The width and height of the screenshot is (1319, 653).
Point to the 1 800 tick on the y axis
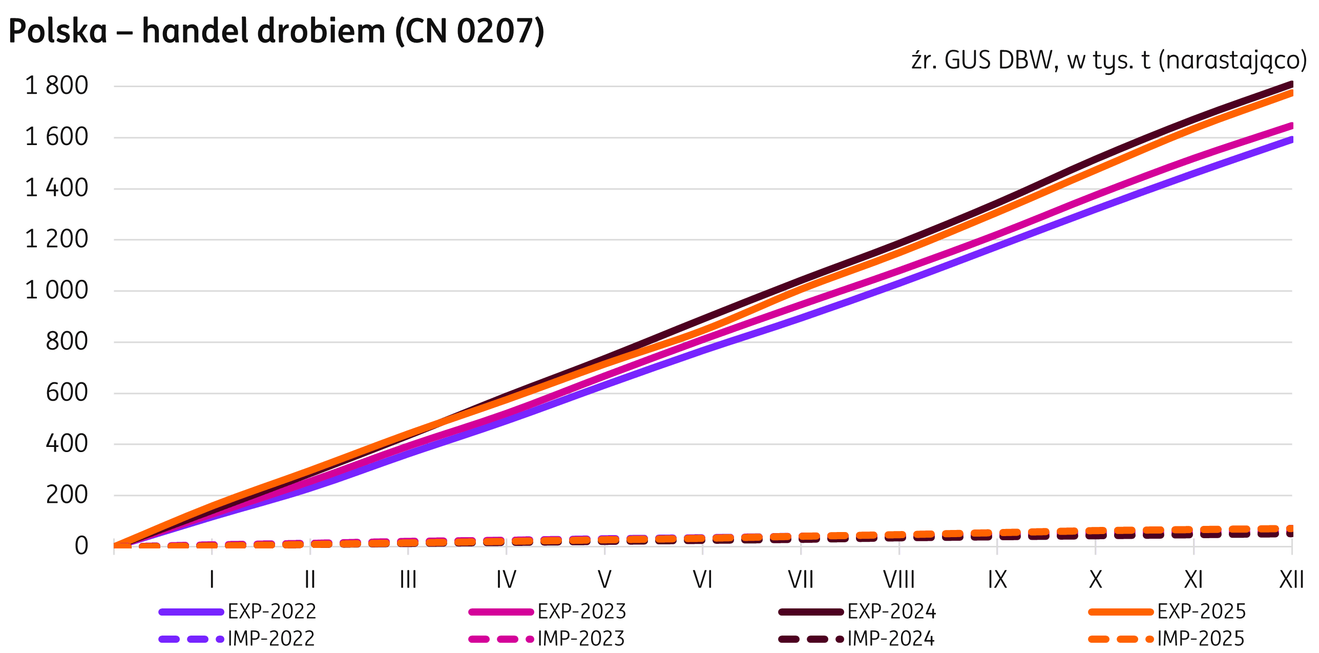56,86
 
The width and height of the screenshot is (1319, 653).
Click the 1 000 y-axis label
56,291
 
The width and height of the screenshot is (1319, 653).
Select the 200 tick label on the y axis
67,495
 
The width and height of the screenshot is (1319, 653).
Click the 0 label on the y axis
81,546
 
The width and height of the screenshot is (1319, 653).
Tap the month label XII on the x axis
1291,580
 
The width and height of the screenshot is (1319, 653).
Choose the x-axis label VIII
899,580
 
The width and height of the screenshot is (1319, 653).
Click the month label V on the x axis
604,580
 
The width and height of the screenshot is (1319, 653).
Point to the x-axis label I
212,580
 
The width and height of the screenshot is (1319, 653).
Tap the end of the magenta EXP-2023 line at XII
1290,126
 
